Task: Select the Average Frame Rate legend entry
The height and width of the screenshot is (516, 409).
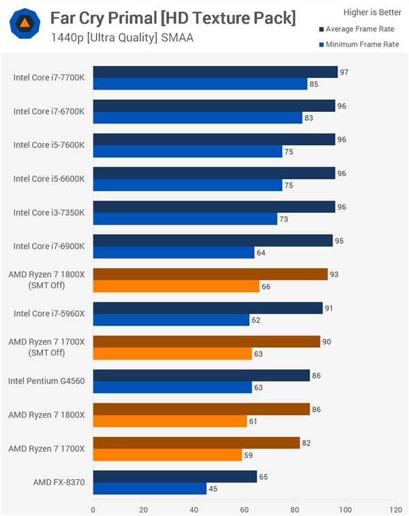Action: click(359, 29)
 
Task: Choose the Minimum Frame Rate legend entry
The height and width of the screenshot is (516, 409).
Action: click(359, 44)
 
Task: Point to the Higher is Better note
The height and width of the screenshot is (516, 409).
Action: click(372, 12)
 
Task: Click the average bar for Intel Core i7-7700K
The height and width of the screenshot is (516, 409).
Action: click(215, 72)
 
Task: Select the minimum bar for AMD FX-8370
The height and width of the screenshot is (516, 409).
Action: click(150, 489)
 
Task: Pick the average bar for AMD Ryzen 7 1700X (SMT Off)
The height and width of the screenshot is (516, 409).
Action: click(207, 341)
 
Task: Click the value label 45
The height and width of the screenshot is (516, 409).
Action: click(213, 489)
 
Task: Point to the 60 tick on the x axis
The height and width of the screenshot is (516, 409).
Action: click(244, 508)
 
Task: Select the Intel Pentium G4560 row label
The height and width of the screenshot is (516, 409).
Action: click(46, 381)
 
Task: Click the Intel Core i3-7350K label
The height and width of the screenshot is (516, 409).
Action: click(49, 212)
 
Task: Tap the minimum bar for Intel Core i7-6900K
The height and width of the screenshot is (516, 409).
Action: click(174, 253)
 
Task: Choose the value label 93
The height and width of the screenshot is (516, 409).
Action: click(333, 274)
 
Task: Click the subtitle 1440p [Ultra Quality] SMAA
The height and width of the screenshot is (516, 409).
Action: click(122, 38)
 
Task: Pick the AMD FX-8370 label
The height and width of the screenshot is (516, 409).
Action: click(59, 482)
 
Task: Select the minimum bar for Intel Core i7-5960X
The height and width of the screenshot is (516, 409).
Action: click(171, 320)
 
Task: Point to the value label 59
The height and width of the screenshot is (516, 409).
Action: click(248, 455)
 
